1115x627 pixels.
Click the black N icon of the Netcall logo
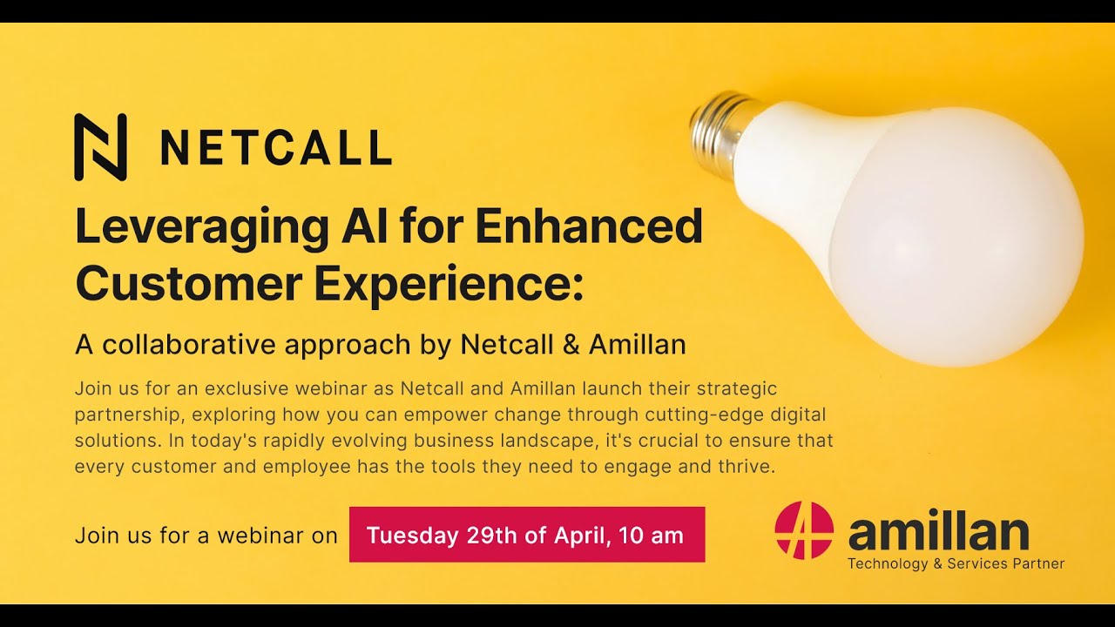[100, 147]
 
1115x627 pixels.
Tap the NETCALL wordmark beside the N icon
[275, 148]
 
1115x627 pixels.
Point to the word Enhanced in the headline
[589, 227]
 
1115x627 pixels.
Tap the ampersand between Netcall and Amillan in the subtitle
[571, 345]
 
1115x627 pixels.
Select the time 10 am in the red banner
[651, 535]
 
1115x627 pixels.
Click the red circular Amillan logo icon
[804, 529]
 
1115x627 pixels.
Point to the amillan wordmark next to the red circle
[938, 530]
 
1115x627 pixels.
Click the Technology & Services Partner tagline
[956, 563]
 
